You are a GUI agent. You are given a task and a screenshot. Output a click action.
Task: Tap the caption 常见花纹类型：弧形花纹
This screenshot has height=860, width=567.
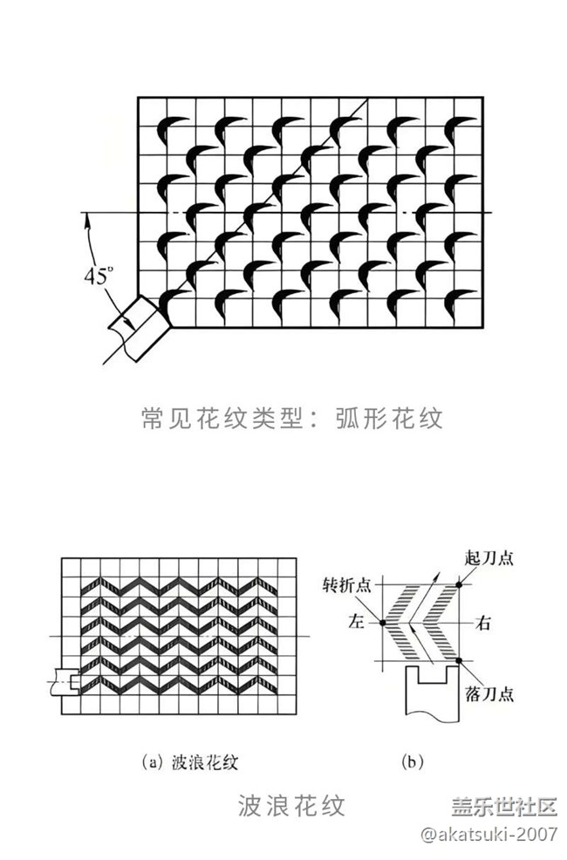click(291, 419)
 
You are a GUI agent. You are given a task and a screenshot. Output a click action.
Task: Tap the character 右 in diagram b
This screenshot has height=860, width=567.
click(481, 623)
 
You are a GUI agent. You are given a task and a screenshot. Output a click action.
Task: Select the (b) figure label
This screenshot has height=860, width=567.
click(413, 761)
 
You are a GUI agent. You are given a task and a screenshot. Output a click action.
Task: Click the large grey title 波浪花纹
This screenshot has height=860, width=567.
click(291, 804)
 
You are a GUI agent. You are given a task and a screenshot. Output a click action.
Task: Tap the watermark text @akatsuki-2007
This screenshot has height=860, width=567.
click(488, 835)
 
